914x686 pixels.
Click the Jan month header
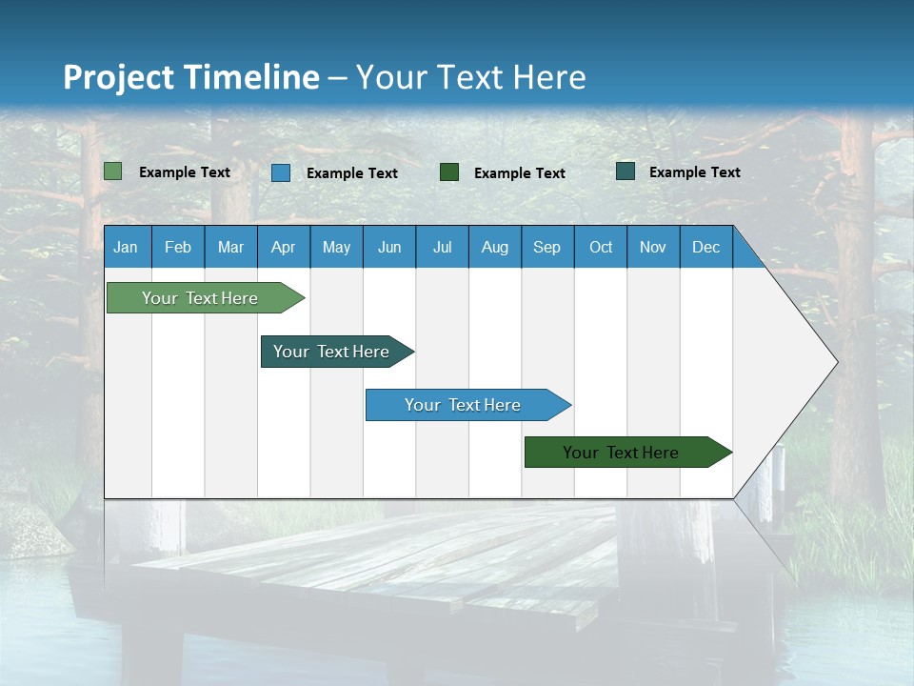point(127,247)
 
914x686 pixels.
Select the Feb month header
point(178,247)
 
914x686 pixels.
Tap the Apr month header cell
point(284,247)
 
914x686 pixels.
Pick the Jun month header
point(389,247)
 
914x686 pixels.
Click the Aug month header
point(495,247)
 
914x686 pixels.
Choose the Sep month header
point(547,247)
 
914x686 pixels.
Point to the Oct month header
point(601,247)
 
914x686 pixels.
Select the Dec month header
point(706,247)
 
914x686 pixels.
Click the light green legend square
point(113,171)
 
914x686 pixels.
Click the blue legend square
point(281,172)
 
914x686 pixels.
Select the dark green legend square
point(449,171)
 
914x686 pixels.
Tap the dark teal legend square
point(626,171)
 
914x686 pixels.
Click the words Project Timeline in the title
point(190,77)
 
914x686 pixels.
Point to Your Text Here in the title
point(470,77)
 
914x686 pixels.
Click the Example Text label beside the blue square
point(352,173)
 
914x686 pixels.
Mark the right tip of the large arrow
point(836,361)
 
